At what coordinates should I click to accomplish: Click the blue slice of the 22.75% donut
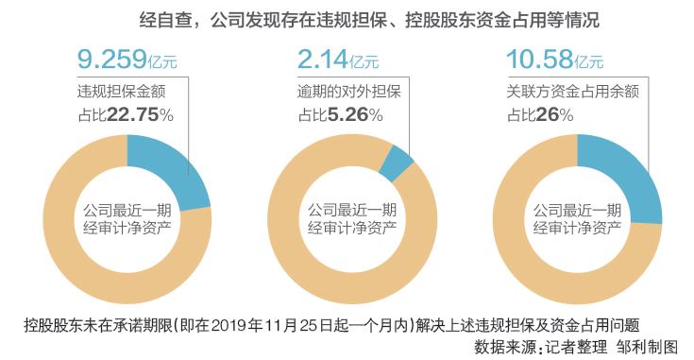[169, 170]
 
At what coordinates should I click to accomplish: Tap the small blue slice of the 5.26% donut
[397, 162]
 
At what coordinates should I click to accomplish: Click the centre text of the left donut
[128, 218]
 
